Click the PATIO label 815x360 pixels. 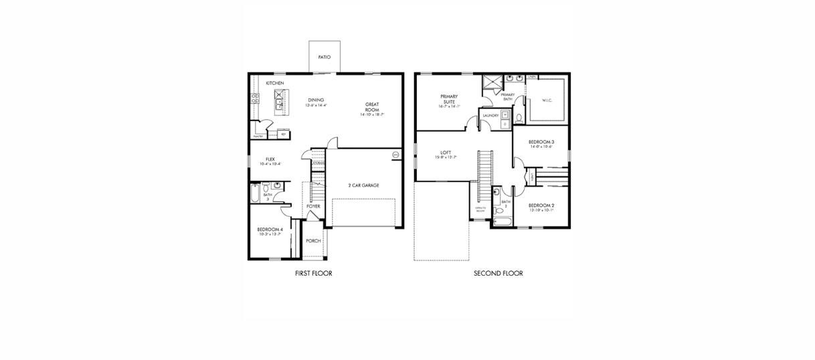pos(325,58)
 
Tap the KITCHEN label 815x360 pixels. pos(275,83)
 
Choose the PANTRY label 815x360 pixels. pos(258,136)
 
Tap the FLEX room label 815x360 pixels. pos(270,159)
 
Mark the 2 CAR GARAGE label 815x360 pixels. pos(363,185)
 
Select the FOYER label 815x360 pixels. pos(313,206)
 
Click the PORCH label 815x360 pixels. pos(313,241)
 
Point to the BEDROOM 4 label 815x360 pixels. pos(270,230)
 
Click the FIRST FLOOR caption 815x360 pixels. pos(313,273)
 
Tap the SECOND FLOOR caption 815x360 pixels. pos(498,273)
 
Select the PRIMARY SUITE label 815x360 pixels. pos(449,98)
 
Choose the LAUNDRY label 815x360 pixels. pos(490,115)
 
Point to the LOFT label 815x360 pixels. pos(446,152)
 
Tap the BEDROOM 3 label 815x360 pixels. pos(541,142)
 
